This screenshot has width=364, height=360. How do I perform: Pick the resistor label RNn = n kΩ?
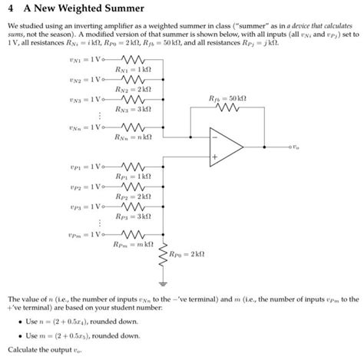coord(132,136)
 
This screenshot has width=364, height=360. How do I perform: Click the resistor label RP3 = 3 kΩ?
coord(131,217)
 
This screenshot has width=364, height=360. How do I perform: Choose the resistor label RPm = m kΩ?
coord(131,245)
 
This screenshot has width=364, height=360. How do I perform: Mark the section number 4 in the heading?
coord(8,9)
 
